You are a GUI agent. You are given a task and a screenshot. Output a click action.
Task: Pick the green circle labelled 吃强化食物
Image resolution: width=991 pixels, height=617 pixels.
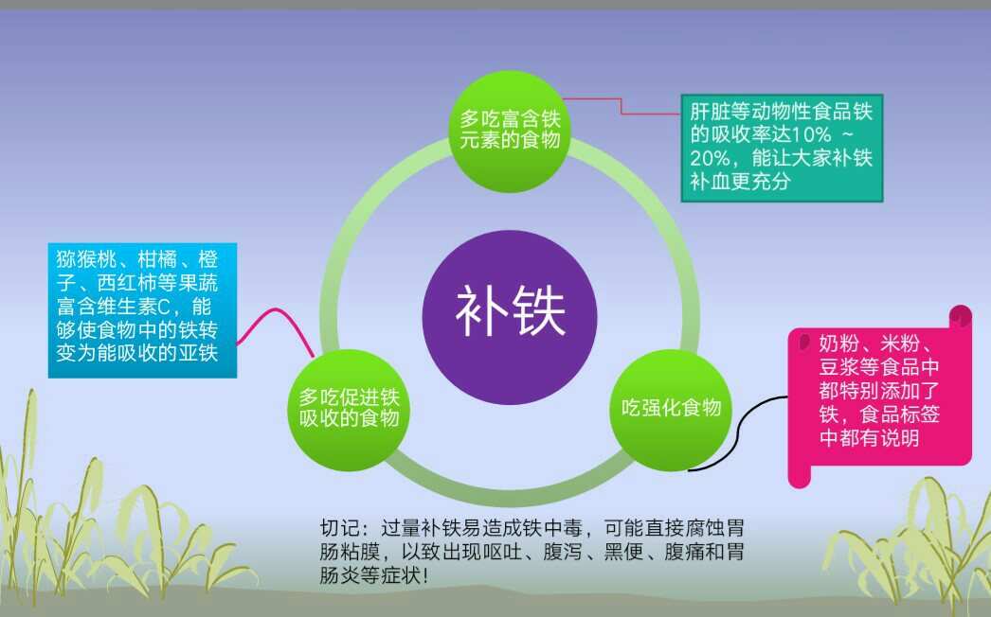672,410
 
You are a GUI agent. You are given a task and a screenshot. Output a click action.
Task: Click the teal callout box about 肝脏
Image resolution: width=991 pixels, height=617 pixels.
782,147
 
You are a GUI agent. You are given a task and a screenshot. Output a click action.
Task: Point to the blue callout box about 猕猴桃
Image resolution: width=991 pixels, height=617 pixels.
142,310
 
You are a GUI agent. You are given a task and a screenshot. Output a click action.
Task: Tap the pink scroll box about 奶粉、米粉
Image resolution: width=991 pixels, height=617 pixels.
879,397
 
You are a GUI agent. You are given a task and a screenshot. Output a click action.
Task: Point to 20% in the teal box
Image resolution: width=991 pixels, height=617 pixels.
710,157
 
